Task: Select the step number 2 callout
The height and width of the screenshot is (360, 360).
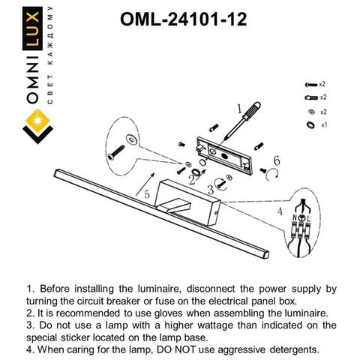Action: pyautogui.click(x=191, y=179)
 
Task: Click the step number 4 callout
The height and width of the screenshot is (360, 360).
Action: pyautogui.click(x=280, y=212)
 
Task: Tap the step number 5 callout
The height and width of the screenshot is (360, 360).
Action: pyautogui.click(x=147, y=194)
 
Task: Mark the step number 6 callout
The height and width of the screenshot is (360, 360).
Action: pyautogui.click(x=276, y=160)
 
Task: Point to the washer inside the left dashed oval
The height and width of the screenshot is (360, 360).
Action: pyautogui.click(x=132, y=139)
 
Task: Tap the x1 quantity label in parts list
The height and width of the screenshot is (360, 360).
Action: pyautogui.click(x=323, y=124)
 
